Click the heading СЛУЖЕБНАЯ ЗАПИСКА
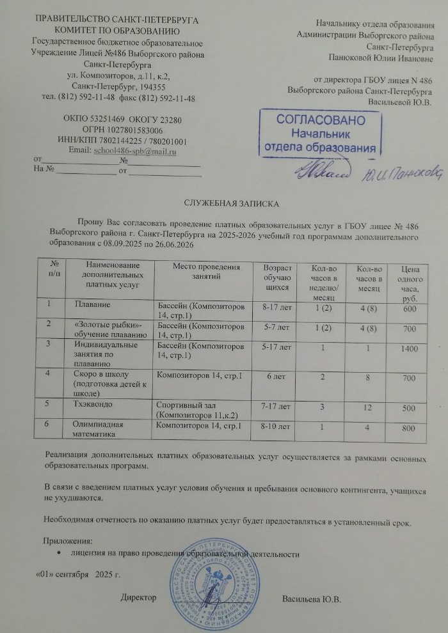tap(231, 203)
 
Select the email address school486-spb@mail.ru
tap(135, 152)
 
